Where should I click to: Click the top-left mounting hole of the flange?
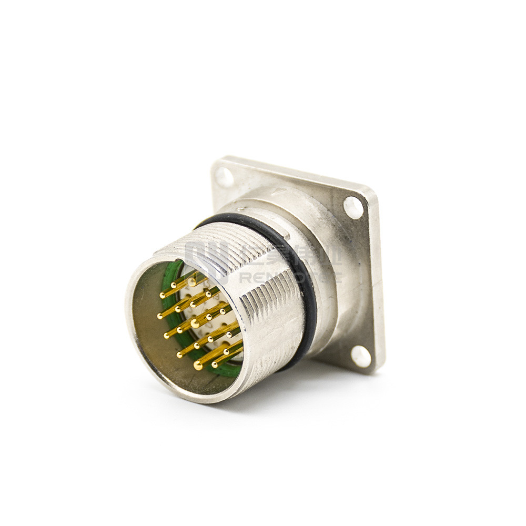[225, 177]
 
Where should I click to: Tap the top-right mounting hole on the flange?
[353, 207]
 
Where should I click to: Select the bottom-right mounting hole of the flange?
[361, 356]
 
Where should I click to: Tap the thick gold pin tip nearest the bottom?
[198, 365]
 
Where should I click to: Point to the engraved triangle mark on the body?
[280, 193]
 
